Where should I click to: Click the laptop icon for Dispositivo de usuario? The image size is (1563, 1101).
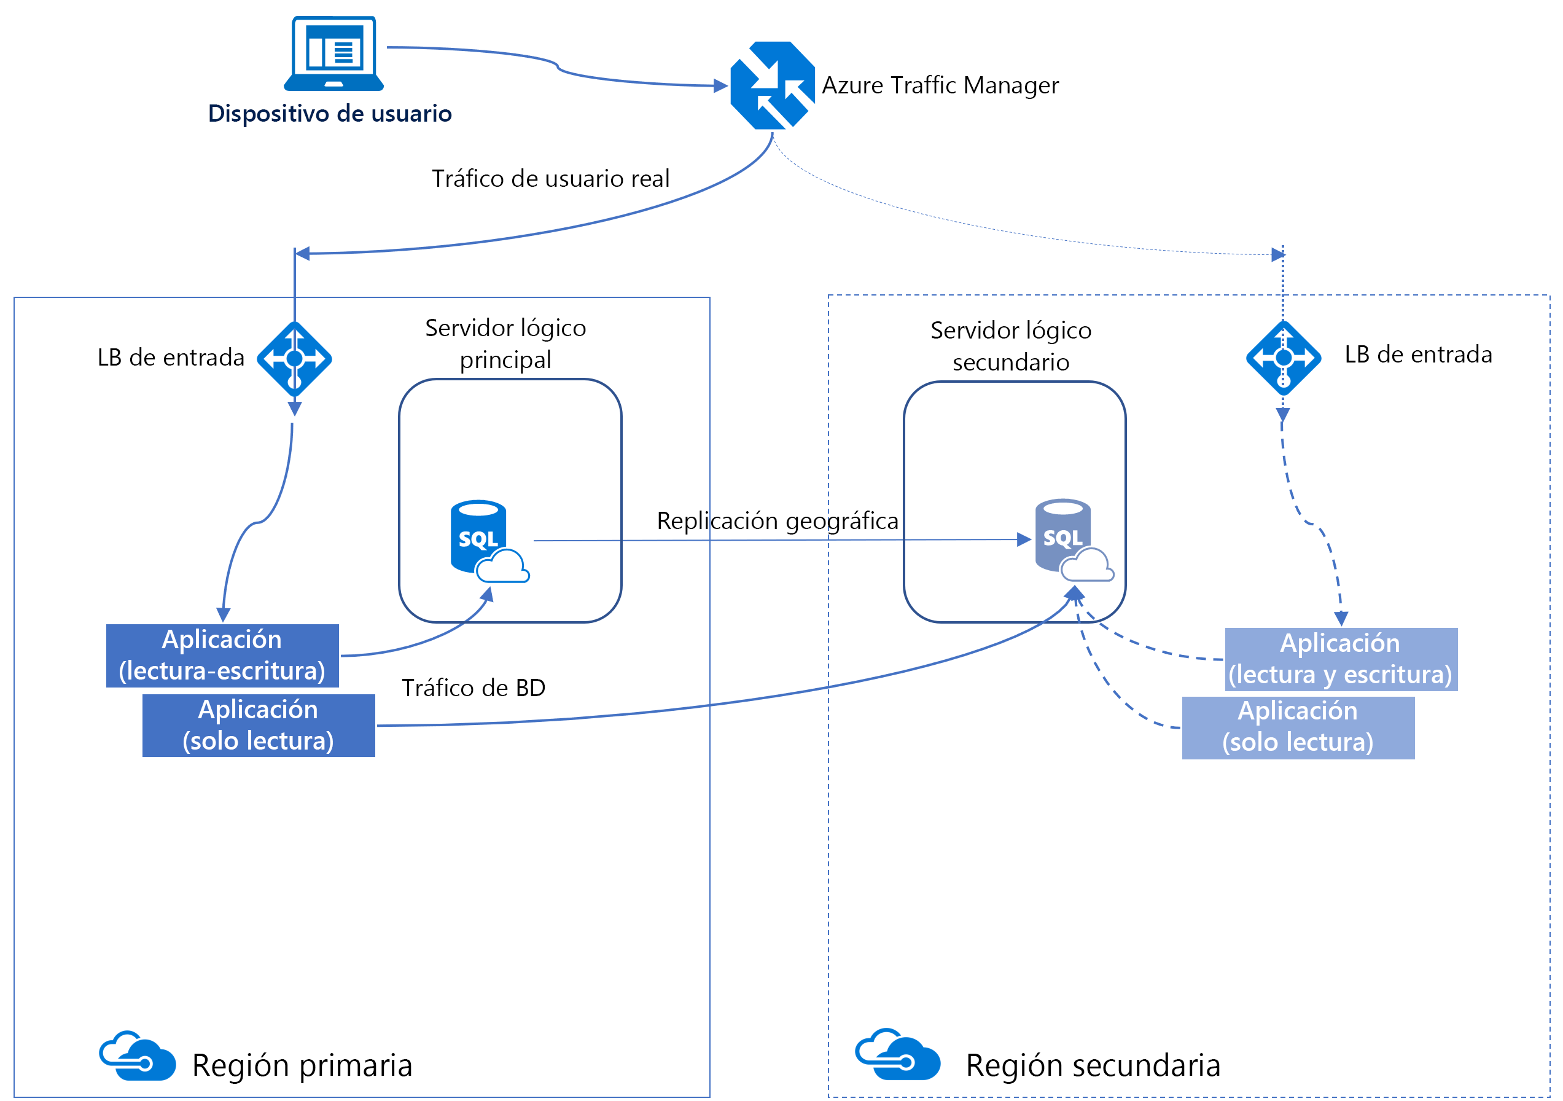click(333, 53)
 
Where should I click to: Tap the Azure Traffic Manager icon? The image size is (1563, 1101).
click(772, 85)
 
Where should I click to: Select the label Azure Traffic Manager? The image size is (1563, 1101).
click(940, 85)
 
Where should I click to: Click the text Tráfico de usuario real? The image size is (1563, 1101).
click(550, 178)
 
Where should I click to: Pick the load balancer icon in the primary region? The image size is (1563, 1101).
click(294, 359)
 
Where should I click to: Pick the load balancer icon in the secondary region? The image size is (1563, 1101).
click(1282, 358)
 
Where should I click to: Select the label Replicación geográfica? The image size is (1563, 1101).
click(777, 521)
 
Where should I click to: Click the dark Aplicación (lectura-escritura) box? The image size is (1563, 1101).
click(222, 656)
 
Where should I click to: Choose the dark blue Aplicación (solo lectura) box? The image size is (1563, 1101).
click(258, 725)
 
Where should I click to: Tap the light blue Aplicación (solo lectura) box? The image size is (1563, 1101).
click(1297, 727)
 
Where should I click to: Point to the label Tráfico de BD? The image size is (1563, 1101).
click(473, 688)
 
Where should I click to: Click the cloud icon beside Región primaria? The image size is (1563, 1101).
click(137, 1056)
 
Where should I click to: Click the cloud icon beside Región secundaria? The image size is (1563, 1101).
click(897, 1055)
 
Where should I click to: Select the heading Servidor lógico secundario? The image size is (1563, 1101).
click(1010, 346)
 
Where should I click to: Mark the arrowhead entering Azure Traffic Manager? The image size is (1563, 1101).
click(720, 86)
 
